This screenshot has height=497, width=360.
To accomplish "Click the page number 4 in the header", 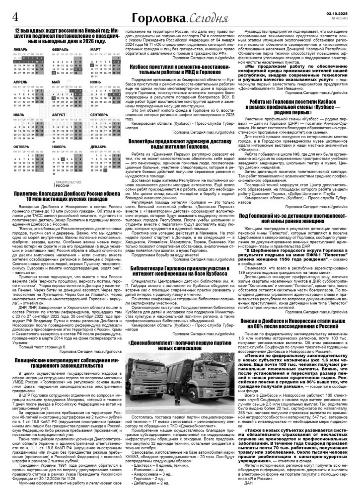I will pos(15,15).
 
